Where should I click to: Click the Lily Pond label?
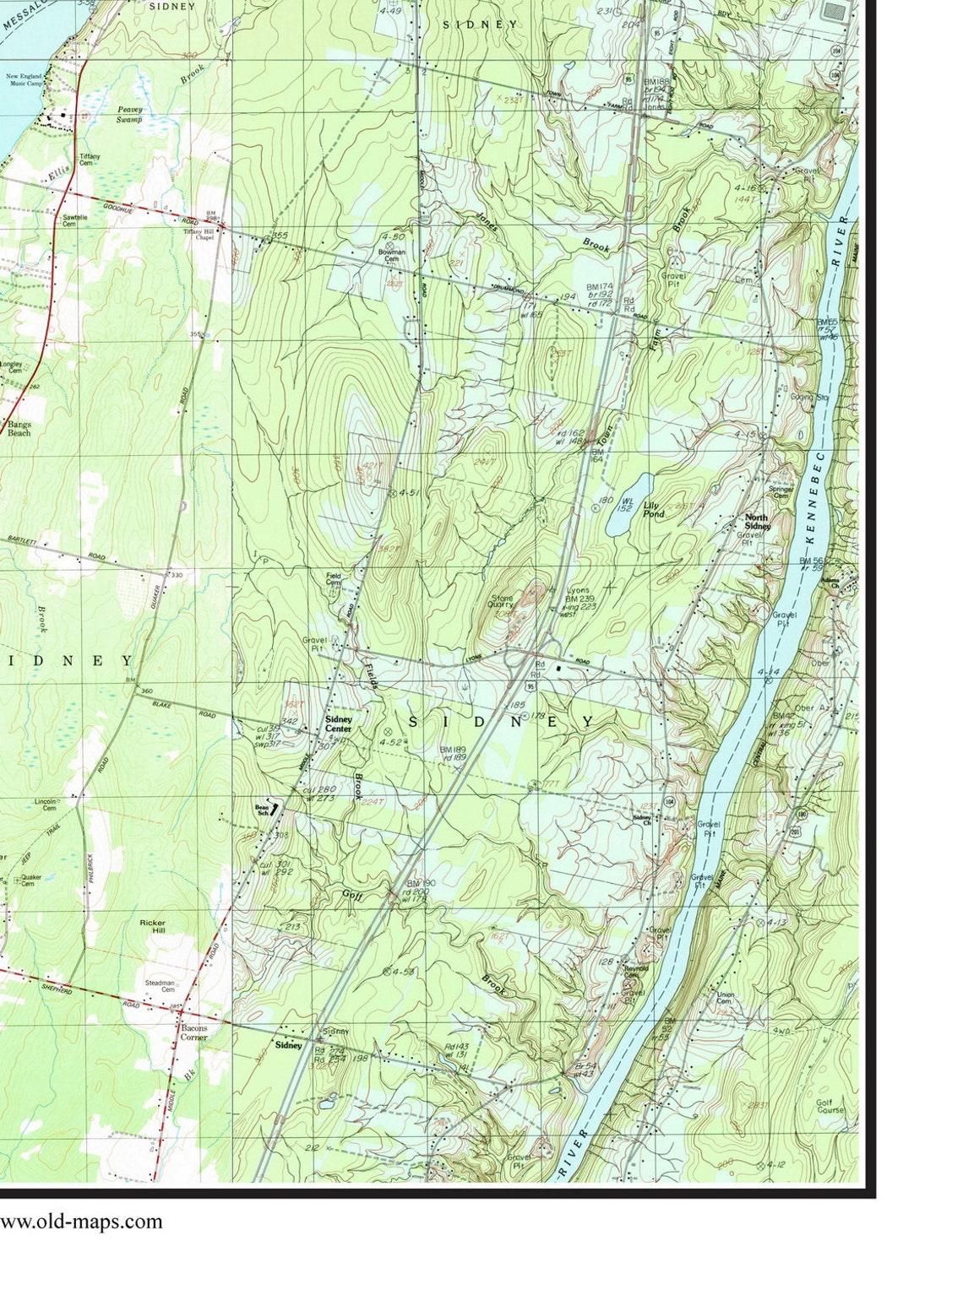point(654,509)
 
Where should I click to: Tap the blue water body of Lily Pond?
point(628,505)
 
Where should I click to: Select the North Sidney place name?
point(757,521)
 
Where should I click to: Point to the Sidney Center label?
point(339,723)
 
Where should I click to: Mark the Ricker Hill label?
point(154,927)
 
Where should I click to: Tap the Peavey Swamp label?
point(130,115)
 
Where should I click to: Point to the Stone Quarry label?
point(501,599)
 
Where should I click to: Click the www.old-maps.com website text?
point(81,1221)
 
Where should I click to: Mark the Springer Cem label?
point(780,492)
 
